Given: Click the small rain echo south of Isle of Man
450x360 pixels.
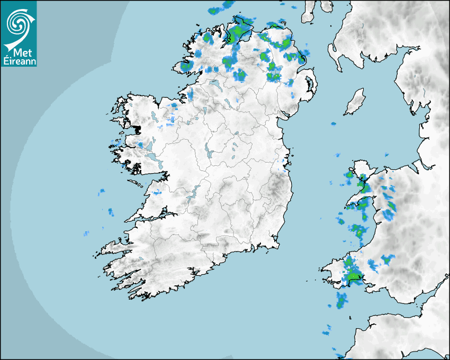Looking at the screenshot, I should tap(334, 124).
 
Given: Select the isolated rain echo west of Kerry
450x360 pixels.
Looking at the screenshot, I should tap(86, 233).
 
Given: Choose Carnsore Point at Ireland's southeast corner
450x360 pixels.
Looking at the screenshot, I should tap(277, 244).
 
